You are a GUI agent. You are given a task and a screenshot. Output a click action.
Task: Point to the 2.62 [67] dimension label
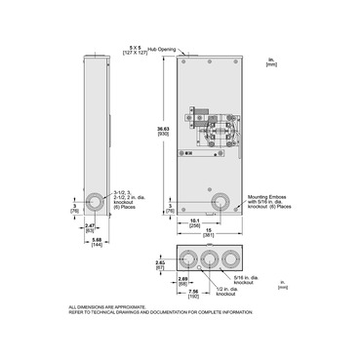[x=161, y=263]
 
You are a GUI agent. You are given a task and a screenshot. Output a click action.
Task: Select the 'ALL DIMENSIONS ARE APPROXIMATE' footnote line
[x=106, y=306]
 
